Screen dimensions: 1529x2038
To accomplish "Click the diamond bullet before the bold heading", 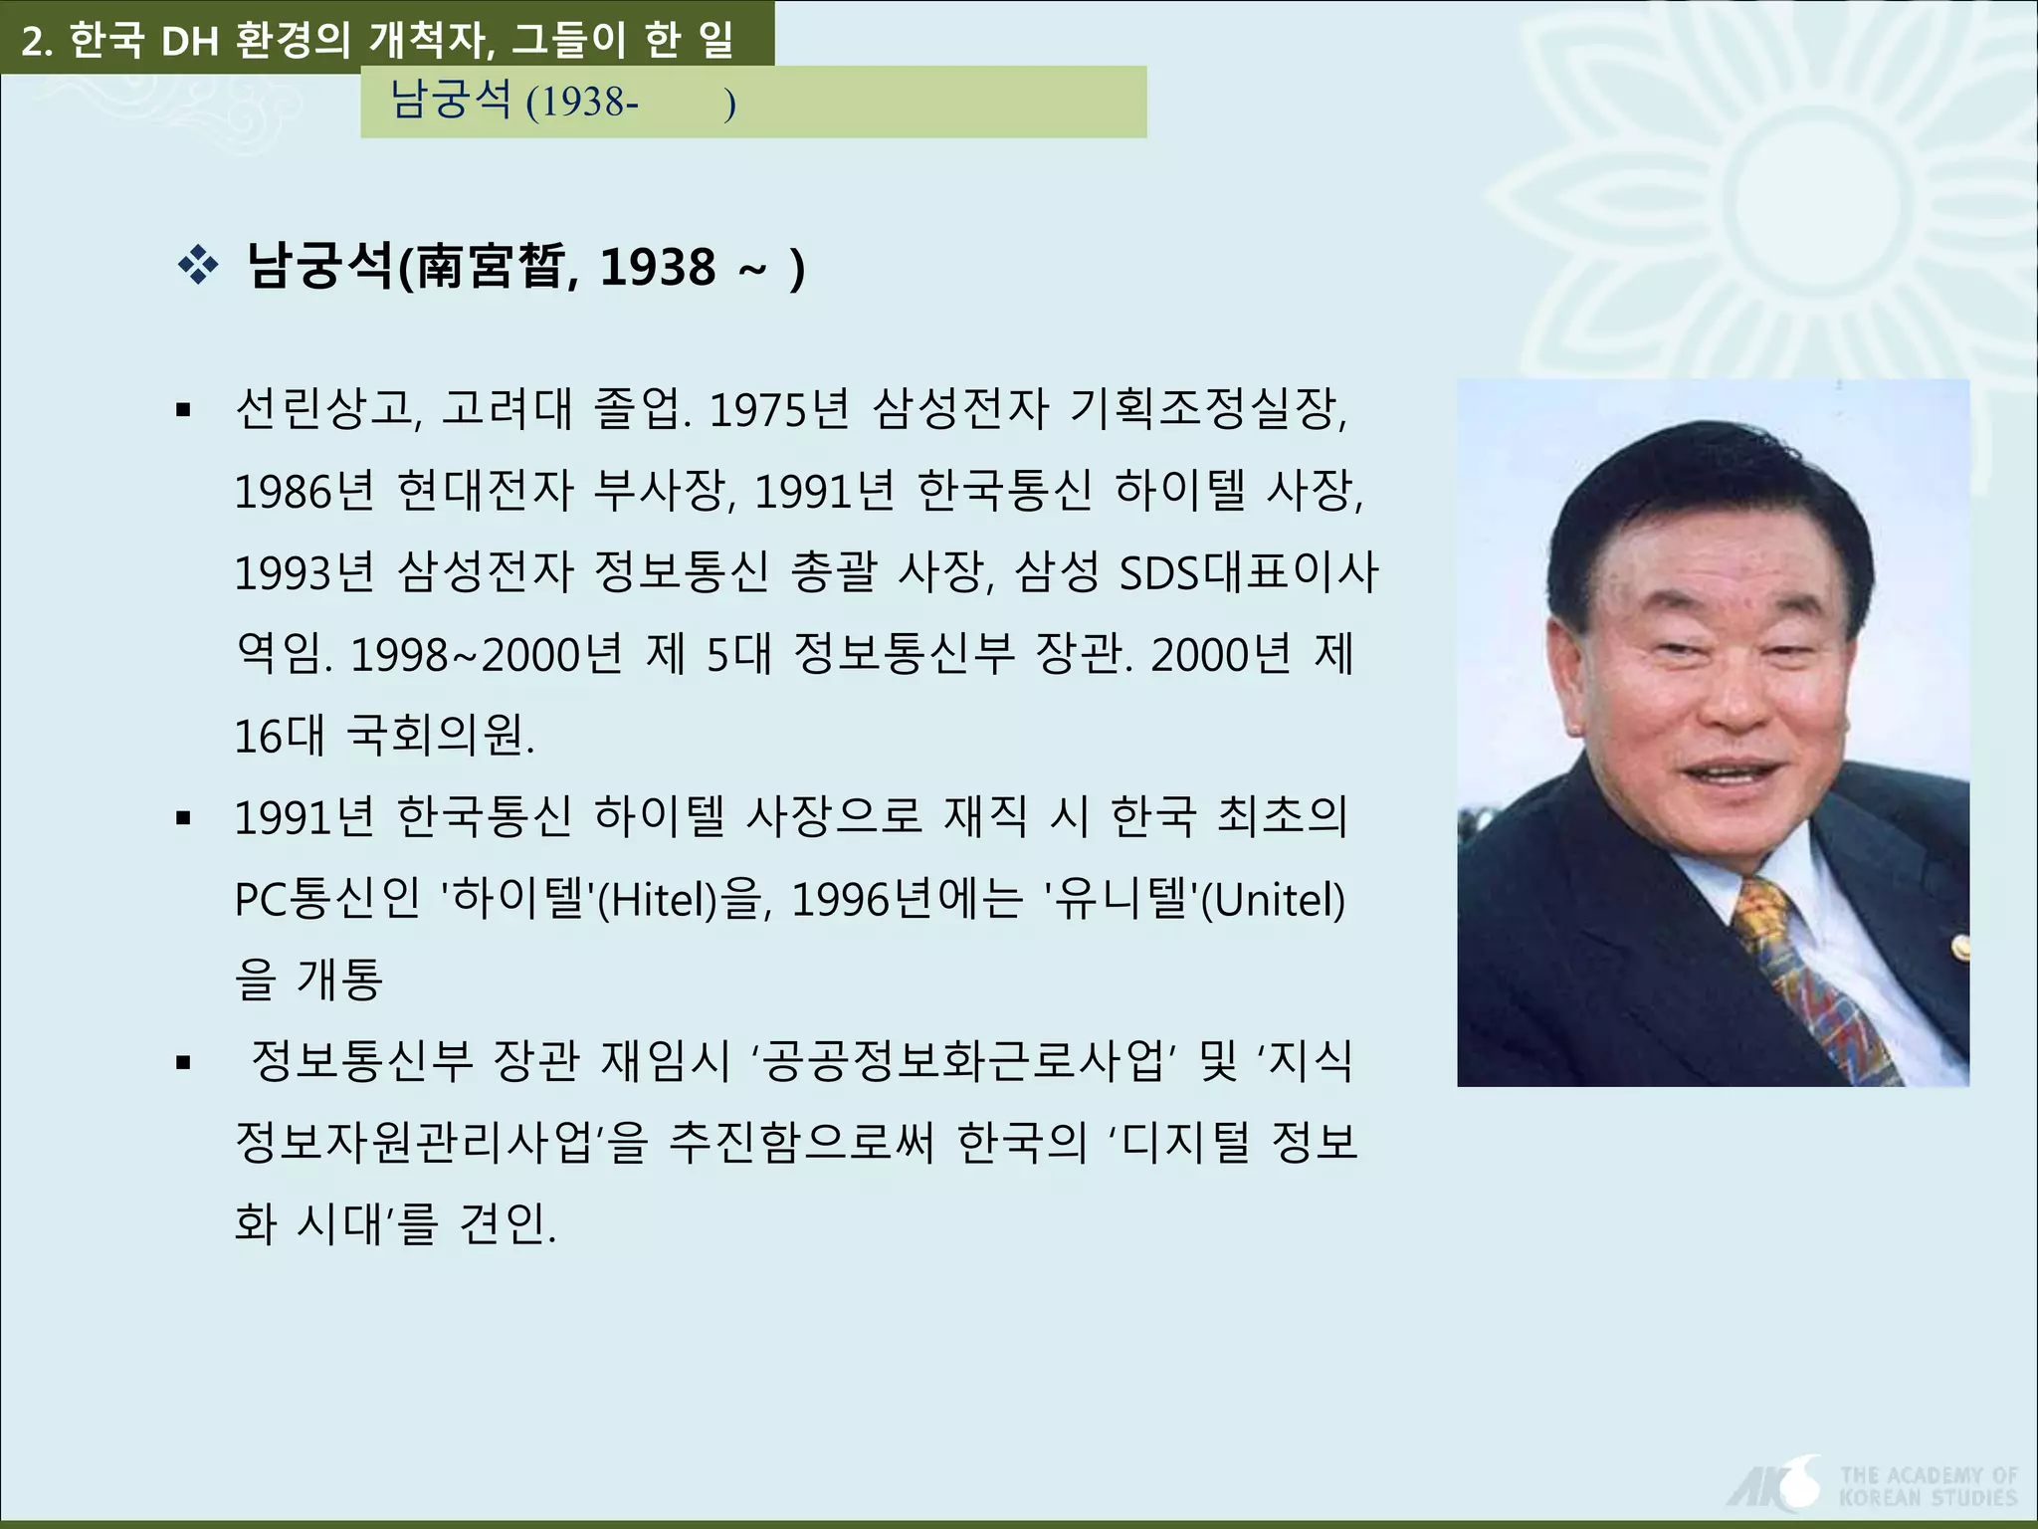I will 198,266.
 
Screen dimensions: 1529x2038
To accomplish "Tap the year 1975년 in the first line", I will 779,409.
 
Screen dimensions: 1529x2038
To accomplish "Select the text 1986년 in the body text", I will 304,491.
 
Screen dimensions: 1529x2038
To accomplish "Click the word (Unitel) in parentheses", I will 1274,900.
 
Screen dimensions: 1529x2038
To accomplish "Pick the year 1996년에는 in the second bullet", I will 907,900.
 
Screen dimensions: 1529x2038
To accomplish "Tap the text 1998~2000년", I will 487,655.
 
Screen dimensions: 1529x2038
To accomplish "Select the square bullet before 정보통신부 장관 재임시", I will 183,1063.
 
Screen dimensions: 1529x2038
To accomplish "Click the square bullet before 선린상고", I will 183,409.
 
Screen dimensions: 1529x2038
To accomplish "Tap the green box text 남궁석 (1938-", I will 513,102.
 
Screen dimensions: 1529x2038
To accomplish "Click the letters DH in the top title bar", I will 189,41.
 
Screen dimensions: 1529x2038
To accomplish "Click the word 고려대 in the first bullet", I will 506,409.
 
